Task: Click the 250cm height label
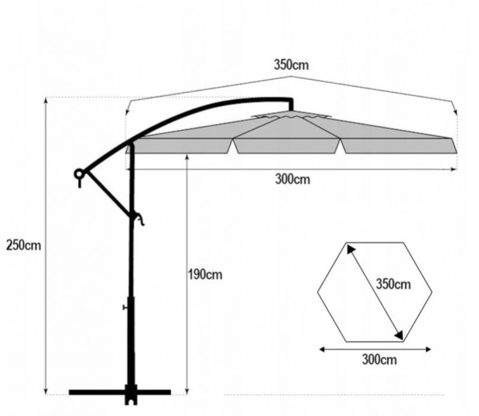23,245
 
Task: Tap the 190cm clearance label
205,275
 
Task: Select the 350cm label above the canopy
291,65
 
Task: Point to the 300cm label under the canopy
293,179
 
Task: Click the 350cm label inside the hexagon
393,284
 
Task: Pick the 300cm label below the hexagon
380,360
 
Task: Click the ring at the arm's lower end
79,174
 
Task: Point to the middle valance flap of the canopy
288,146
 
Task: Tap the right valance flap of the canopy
399,146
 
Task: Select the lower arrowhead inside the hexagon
399,335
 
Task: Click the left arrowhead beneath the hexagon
321,349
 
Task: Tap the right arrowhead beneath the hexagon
428,349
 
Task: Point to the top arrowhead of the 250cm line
46,100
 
